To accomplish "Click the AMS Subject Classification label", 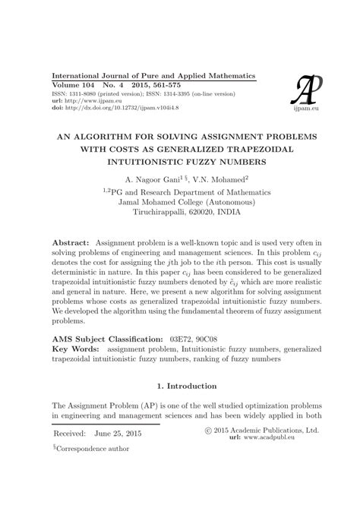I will [x=105, y=336].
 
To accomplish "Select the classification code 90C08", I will [x=231, y=336].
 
